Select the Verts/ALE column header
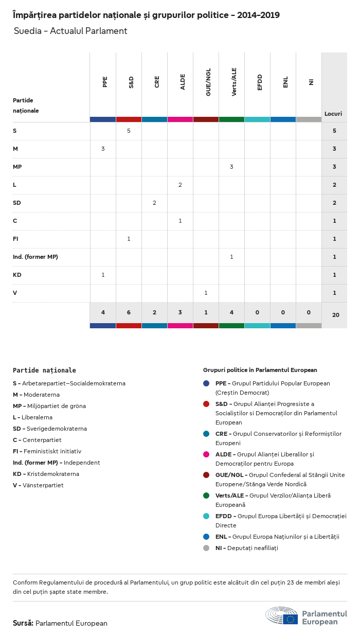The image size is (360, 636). (x=234, y=82)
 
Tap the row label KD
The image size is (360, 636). (x=17, y=275)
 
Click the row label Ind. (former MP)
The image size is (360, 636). (x=35, y=257)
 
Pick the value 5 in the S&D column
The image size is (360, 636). (x=129, y=131)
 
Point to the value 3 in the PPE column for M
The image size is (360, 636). (x=103, y=149)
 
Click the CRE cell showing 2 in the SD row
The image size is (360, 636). (x=154, y=203)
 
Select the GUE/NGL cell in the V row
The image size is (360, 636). (x=206, y=293)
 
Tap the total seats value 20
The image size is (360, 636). (x=336, y=314)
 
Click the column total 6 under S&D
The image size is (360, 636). (x=129, y=312)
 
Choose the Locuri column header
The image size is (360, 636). (x=333, y=114)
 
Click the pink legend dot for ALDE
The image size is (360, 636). (x=206, y=454)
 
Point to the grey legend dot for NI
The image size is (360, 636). (x=206, y=548)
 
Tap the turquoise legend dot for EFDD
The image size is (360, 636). (x=206, y=516)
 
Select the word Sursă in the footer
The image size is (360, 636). (x=23, y=623)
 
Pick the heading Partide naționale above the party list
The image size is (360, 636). (x=44, y=370)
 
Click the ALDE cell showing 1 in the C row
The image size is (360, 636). (x=180, y=221)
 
